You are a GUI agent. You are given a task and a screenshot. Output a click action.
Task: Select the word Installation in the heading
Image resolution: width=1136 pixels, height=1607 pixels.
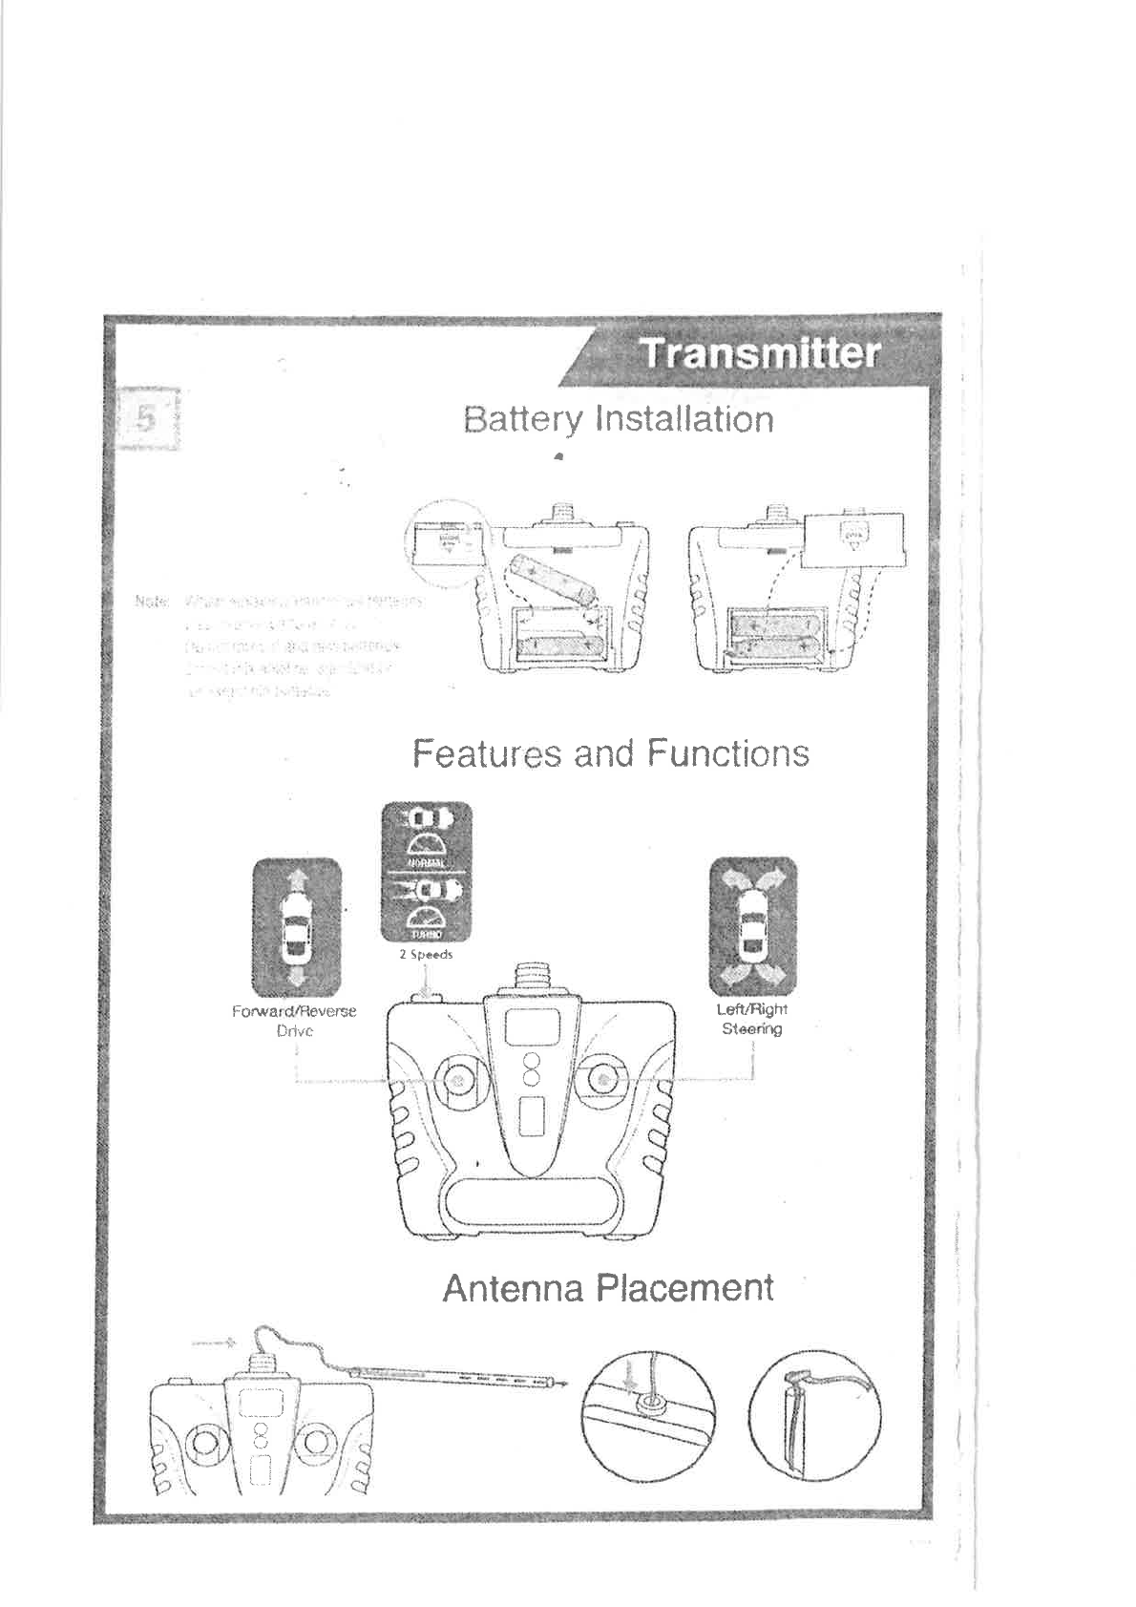683,419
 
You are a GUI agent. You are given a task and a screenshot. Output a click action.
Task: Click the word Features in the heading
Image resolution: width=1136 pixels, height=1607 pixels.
488,753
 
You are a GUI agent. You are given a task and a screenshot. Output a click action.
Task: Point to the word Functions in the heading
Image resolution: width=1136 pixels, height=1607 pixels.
726,753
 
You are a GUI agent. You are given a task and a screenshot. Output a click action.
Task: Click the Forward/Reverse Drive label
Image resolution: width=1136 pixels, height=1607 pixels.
294,1020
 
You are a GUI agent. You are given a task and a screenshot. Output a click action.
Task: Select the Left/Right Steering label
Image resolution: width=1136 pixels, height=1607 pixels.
752,1018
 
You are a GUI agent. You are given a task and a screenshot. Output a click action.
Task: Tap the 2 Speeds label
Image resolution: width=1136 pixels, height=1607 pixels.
426,954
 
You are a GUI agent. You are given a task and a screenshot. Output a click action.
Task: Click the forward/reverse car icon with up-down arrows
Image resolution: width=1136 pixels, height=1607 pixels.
296,926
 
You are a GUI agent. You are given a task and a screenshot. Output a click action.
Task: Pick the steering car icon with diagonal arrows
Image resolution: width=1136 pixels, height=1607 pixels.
752,925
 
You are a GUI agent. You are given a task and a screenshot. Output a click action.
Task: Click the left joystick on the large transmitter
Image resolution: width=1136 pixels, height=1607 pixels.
456,1080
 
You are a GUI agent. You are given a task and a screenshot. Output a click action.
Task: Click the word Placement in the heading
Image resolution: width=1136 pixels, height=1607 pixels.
683,1288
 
